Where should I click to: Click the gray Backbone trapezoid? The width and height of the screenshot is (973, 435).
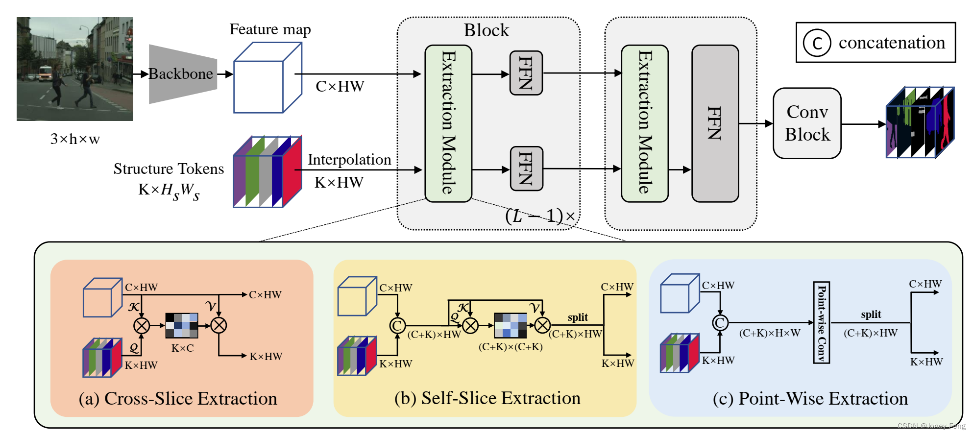tap(182, 74)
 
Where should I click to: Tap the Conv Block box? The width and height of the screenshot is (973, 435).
tap(807, 123)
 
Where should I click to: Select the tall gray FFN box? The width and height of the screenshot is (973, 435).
tap(715, 123)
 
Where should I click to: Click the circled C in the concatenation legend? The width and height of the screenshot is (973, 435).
tap(817, 43)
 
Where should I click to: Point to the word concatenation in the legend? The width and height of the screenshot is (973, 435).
tap(892, 43)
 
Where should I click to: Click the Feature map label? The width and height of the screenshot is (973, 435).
tap(270, 29)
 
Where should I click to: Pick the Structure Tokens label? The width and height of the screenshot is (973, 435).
tap(169, 169)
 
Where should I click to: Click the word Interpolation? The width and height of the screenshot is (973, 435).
tap(349, 160)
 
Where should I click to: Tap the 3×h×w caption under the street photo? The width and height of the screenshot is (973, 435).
tap(75, 139)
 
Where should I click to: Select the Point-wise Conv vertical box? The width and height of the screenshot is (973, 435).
tap(822, 322)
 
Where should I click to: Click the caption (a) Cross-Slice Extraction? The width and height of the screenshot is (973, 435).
tap(178, 399)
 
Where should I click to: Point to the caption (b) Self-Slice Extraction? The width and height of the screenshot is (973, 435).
tap(487, 398)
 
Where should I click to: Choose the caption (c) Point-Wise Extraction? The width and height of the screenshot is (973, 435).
tap(810, 399)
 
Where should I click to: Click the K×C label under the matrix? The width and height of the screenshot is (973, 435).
tap(182, 348)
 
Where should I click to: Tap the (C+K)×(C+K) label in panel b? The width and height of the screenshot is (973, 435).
tap(511, 347)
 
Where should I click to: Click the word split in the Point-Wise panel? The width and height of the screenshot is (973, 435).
tap(871, 314)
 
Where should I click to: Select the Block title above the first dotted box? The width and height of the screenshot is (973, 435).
tap(486, 30)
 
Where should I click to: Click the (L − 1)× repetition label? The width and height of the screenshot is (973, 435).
tap(540, 216)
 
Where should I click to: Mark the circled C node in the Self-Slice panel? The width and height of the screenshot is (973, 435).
tap(397, 325)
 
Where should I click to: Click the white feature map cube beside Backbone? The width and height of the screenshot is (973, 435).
tap(267, 78)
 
